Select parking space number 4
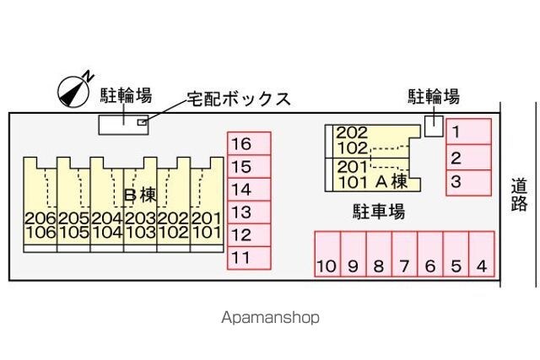481,255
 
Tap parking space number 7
404,255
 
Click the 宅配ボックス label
240,99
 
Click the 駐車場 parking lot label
378,211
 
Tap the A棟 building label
391,180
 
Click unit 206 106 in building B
40,223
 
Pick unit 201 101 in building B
206,223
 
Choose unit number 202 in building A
352,132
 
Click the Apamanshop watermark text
270,318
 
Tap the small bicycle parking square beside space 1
433,126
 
